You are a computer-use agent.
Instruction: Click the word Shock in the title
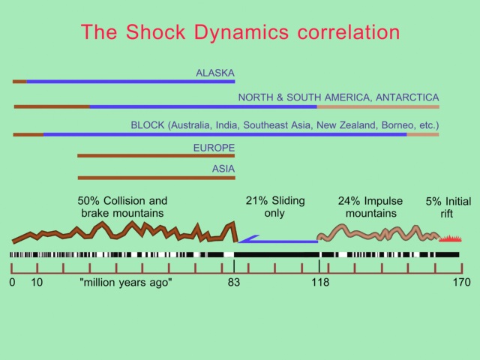click(156, 31)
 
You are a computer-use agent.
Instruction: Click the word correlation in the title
click(349, 31)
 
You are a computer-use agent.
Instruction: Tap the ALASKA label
click(215, 73)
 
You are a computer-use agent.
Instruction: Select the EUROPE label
click(214, 148)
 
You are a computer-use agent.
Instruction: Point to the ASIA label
click(223, 169)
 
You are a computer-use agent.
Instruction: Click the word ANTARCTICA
click(407, 97)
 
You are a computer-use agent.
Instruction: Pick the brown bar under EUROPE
click(156, 156)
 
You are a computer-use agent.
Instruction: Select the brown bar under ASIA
click(157, 178)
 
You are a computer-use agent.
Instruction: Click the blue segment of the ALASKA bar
click(130, 82)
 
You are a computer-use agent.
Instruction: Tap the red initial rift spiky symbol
click(450, 238)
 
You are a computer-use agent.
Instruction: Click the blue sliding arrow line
click(278, 241)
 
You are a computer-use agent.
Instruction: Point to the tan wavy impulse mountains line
click(378, 232)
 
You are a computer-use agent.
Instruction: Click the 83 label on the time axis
click(234, 282)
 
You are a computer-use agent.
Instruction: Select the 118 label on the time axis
click(320, 282)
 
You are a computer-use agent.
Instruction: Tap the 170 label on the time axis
click(462, 282)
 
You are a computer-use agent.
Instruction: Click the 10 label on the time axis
click(37, 282)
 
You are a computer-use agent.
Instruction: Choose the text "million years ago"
click(126, 282)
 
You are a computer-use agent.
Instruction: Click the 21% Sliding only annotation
click(275, 207)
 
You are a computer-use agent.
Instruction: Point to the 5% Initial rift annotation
click(448, 208)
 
